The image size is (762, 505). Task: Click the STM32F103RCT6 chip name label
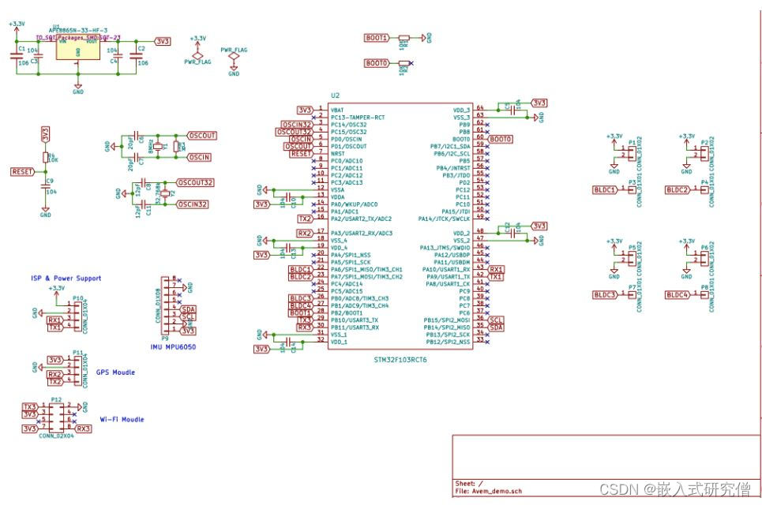click(x=400, y=360)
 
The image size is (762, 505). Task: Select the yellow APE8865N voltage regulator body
click(x=77, y=50)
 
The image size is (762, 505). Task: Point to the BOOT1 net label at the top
click(x=376, y=38)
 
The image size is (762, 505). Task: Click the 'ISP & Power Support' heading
click(x=66, y=278)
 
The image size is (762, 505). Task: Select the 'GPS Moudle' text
click(x=114, y=372)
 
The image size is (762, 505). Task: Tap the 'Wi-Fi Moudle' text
click(x=122, y=419)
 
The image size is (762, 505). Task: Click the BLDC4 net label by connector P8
click(x=678, y=294)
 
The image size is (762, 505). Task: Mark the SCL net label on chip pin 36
click(x=496, y=320)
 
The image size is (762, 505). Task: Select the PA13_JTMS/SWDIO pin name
click(x=444, y=248)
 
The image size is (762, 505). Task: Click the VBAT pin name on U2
click(x=337, y=110)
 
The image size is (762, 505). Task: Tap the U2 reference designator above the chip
click(x=335, y=96)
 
